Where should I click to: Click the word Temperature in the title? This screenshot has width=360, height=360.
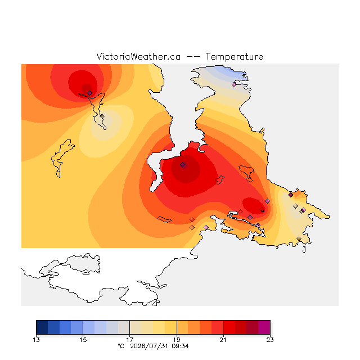point(234,56)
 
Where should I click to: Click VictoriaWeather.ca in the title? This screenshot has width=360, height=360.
point(138,56)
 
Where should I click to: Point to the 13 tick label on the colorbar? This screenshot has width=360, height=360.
point(36,340)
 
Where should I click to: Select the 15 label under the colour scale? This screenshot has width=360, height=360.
point(83,340)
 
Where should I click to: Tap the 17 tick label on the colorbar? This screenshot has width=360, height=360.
point(130,340)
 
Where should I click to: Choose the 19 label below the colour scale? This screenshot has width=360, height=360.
point(177,340)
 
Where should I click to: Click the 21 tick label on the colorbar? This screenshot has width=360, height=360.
point(223,340)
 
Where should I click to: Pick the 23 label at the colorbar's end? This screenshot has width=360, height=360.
point(270,340)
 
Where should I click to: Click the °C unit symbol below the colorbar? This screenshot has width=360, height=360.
point(121,346)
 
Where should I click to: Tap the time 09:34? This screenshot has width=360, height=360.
point(180,346)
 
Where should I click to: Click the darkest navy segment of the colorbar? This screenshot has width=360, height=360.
point(42,327)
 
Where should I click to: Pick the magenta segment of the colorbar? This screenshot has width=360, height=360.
point(264,327)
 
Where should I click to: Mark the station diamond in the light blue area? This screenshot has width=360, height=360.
point(234,84)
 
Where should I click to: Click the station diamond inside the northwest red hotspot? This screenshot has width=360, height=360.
point(90,93)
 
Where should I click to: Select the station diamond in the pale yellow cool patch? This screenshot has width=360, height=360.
point(102,116)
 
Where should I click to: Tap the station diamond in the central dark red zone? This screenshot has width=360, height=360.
point(182,164)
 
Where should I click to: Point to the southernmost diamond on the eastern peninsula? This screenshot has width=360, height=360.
point(299,238)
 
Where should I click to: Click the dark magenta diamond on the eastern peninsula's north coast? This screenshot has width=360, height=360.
point(291,195)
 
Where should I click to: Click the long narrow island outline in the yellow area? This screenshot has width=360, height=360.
point(62,158)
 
